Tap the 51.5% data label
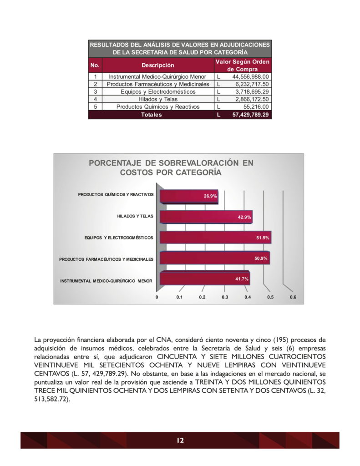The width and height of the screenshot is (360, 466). [x=263, y=238]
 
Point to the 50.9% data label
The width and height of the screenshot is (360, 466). [x=261, y=258]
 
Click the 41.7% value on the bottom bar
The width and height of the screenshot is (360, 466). [x=242, y=279]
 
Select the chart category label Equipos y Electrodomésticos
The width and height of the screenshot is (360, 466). [x=119, y=238]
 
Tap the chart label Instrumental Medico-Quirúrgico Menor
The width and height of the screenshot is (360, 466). [x=106, y=281]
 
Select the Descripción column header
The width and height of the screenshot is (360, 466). [x=157, y=65]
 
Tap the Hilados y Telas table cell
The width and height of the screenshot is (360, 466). [x=157, y=99]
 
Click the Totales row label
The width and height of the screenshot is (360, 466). [x=151, y=115]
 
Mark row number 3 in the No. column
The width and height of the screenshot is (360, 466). [x=95, y=92]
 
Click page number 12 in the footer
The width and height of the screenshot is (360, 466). [x=180, y=440]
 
